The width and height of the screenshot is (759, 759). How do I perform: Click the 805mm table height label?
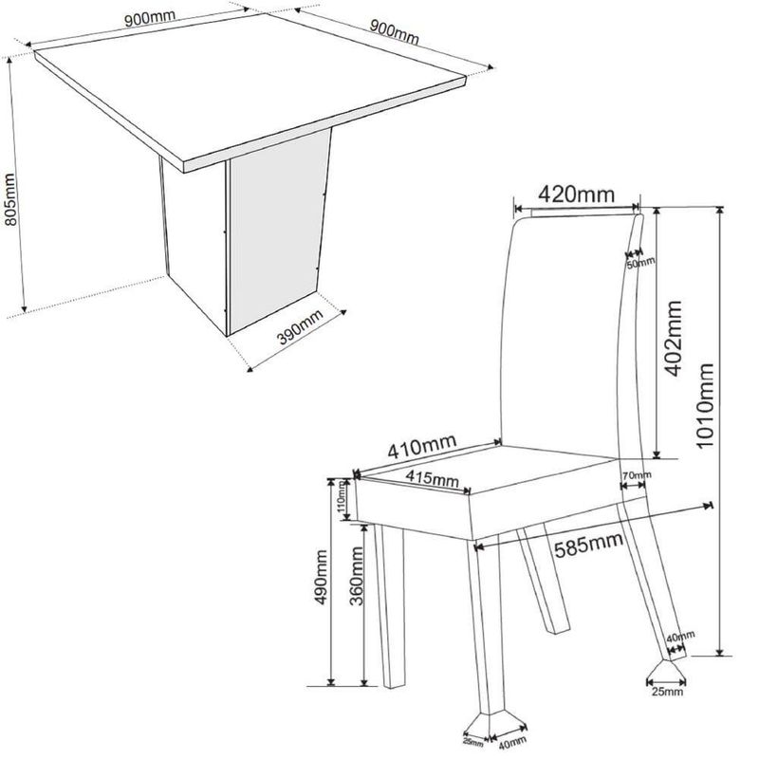coord(10,199)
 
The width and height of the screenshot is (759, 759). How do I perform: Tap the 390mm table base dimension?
coord(301,327)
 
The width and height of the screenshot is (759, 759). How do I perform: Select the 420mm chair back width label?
coord(576,194)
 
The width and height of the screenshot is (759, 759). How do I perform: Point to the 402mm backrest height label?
coord(674,339)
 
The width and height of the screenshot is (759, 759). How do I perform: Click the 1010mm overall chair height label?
coord(704,406)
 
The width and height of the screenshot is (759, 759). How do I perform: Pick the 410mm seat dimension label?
coord(422,446)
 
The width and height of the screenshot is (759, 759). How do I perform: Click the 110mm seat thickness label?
coord(342,498)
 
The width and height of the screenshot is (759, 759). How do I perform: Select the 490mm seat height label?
coord(321,577)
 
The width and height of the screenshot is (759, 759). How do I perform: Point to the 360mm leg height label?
coord(357,576)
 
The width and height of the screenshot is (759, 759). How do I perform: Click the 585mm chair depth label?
coord(588,545)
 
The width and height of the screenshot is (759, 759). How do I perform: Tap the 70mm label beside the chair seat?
coord(637,475)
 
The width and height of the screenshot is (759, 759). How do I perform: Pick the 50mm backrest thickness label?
coord(640,263)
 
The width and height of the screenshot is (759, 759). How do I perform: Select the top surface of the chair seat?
coord(487,469)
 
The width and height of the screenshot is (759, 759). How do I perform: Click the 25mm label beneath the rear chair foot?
coord(667,692)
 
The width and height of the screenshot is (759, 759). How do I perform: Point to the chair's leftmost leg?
coord(390,606)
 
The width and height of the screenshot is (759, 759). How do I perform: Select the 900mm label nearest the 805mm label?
coord(150,18)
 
